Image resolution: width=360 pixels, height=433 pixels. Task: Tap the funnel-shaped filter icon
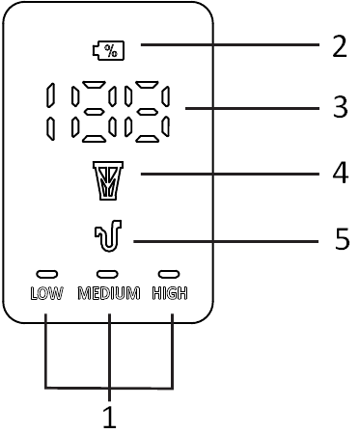pos(107,179)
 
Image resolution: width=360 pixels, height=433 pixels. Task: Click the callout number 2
pos(339,46)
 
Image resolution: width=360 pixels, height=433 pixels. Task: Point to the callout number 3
pos(339,107)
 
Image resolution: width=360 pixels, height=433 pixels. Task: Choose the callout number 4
pos(339,173)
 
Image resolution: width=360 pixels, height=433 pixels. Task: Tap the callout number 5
pos(341,239)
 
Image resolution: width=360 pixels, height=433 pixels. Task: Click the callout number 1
pos(109,418)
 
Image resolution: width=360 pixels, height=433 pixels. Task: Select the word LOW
pos(46,293)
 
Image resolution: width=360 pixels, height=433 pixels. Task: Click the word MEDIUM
pos(109,293)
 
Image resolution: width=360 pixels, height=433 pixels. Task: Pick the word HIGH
pos(169,293)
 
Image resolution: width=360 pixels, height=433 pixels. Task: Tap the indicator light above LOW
pos(46,274)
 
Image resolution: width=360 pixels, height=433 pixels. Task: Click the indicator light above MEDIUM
pos(108,274)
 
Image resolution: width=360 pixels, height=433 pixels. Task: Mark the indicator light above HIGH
pos(169,274)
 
